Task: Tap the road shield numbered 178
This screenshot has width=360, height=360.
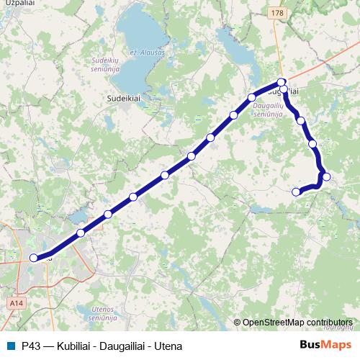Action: pos(279,13)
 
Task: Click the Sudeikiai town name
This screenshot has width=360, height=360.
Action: pos(122,95)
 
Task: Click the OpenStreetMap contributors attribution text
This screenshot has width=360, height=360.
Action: pos(297,322)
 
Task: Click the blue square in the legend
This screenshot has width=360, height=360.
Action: pos(10,346)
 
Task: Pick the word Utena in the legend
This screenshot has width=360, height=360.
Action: pos(168,346)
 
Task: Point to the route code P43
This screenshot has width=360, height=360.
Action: pos(30,346)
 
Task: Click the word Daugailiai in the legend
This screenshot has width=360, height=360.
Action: pos(121,346)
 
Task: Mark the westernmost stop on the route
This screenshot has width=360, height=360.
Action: pos(33,257)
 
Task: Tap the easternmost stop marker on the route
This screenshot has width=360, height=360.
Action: pos(326,176)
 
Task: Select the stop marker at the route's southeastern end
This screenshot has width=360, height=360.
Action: pos(296,192)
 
